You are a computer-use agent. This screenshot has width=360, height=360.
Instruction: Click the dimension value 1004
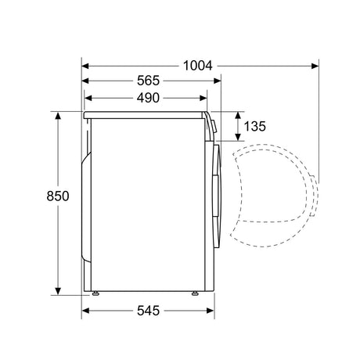[198, 66]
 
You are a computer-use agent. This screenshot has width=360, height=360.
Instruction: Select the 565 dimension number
[148, 81]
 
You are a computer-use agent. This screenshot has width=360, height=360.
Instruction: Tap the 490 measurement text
[148, 98]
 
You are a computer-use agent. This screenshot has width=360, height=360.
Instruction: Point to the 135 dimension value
[254, 126]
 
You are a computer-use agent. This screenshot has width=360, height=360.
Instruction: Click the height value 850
[58, 196]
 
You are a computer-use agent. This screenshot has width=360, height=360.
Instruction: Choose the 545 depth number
[148, 311]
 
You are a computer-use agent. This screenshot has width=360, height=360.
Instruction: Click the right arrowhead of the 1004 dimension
[315, 66]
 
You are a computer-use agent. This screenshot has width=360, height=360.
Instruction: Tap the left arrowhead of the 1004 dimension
[85, 66]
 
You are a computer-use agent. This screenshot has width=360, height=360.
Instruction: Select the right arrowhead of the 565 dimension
[218, 81]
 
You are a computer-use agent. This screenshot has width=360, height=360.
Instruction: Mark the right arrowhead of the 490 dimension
[203, 98]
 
